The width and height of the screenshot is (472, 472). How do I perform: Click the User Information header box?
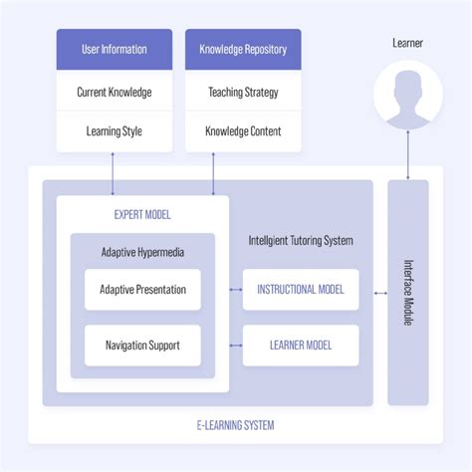(x=114, y=49)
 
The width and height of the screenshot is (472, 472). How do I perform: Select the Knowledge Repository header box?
(x=244, y=49)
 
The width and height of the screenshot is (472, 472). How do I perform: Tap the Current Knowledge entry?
(x=114, y=92)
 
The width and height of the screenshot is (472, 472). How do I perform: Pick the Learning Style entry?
(x=114, y=131)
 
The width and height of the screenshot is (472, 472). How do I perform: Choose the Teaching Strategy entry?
(x=244, y=92)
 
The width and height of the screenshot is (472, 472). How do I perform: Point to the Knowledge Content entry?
(x=244, y=131)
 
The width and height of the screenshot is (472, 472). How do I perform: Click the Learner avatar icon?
(x=407, y=101)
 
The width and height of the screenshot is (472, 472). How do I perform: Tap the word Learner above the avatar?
(x=407, y=43)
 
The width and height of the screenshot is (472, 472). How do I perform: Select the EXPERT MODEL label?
(x=142, y=214)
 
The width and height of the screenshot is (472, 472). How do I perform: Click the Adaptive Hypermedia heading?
(x=142, y=252)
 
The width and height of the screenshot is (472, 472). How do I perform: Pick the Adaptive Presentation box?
(x=142, y=290)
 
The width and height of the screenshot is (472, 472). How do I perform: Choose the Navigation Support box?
(x=142, y=346)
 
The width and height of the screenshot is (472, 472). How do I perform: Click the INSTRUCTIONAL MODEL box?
(x=301, y=290)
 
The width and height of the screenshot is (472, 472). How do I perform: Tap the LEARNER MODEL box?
(x=301, y=346)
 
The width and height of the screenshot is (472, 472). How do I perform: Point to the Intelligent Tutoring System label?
(x=301, y=240)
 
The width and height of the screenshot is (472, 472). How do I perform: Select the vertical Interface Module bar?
(x=407, y=292)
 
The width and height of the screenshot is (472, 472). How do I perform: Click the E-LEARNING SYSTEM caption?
(x=235, y=425)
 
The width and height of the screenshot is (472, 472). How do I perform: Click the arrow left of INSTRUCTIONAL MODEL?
(x=236, y=290)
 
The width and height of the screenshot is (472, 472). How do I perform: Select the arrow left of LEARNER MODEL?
(x=236, y=346)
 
